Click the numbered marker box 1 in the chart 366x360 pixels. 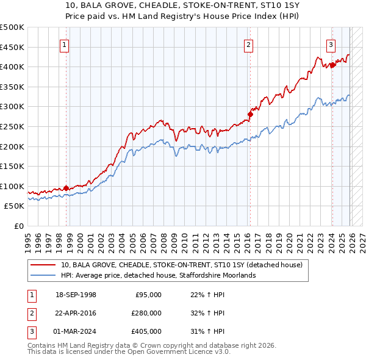pos(64,44)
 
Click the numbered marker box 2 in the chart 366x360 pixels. pos(249,44)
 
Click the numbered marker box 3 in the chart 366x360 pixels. pos(331,44)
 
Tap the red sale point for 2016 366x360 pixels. pos(250,113)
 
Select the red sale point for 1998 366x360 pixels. pos(66,188)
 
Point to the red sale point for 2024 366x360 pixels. pos(332,64)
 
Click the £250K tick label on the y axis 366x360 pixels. pos(12,126)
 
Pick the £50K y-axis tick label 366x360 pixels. pos(14,206)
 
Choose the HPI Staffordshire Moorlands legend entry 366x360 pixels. pos(158,275)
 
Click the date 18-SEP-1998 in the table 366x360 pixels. pos(76,295)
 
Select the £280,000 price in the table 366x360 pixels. pos(146,313)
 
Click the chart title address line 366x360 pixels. pos(183,6)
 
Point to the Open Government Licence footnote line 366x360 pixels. pos(129,352)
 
